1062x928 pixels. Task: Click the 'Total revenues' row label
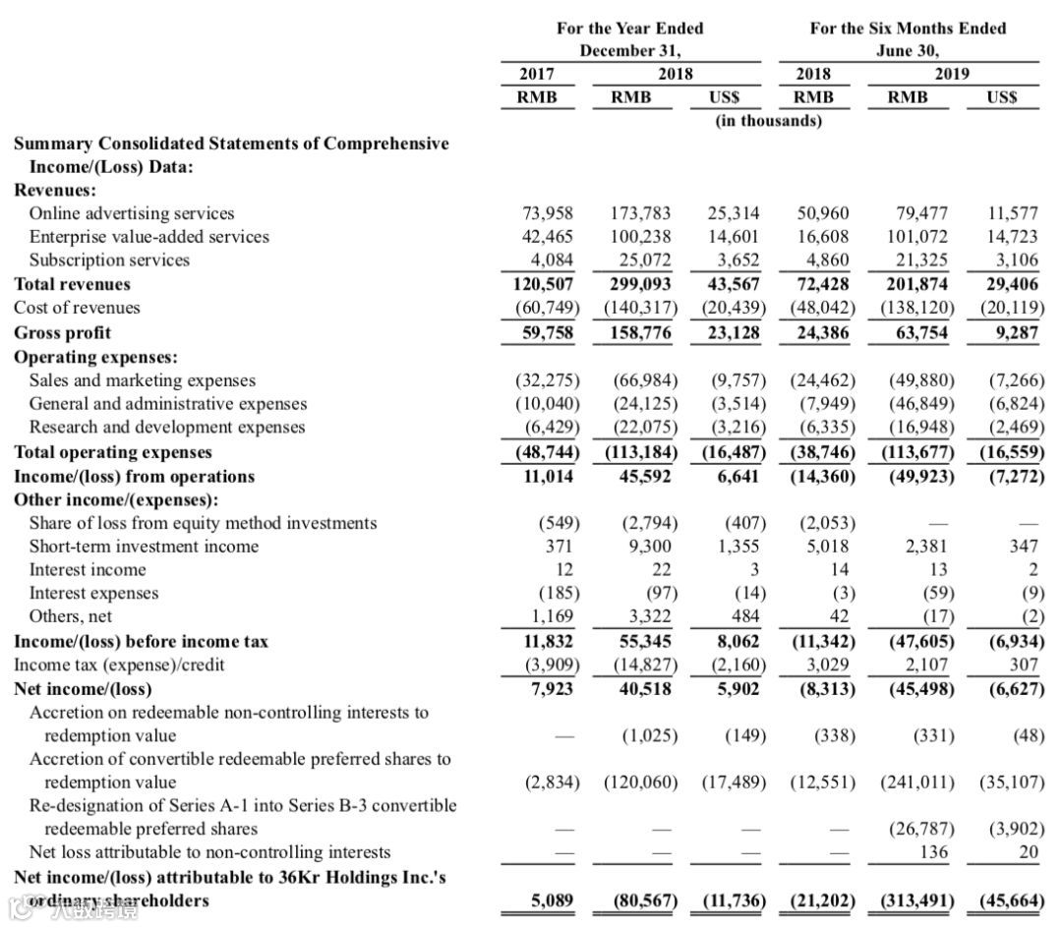point(72,284)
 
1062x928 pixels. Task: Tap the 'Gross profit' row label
point(62,332)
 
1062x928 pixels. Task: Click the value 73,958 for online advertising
point(547,213)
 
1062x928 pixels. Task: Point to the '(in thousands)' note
point(768,121)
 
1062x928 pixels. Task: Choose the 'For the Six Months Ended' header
point(908,29)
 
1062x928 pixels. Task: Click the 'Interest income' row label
point(87,570)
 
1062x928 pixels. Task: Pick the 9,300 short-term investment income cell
point(650,547)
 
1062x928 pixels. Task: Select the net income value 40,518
point(645,688)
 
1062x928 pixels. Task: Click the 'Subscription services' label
point(109,261)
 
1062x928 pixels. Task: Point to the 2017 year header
point(536,74)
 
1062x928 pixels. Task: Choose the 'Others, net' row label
point(70,617)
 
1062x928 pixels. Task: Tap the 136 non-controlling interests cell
point(934,852)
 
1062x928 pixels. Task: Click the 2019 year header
point(952,74)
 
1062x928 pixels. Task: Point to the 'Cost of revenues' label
point(77,308)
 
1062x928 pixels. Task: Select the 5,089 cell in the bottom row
point(552,900)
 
